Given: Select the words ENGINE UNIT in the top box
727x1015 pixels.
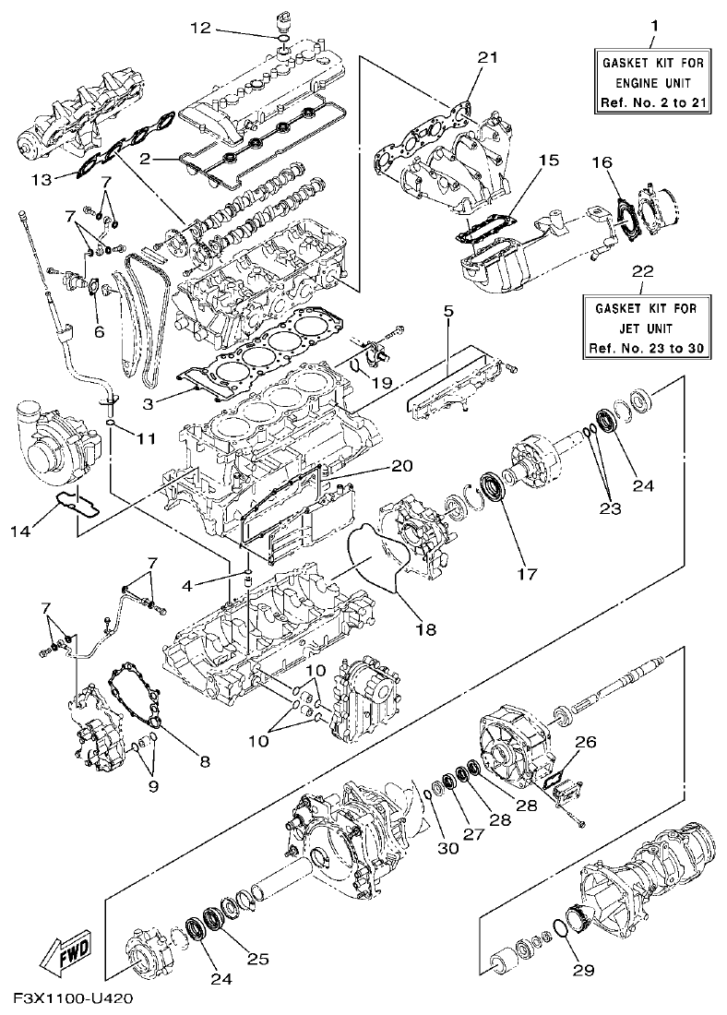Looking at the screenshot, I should click(652, 82).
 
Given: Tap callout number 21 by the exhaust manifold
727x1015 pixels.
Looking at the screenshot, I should click(488, 58).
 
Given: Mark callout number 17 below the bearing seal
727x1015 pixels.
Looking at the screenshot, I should click(527, 573).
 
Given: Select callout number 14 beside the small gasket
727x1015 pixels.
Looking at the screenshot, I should click(42, 531).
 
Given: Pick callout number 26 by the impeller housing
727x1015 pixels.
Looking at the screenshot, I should click(586, 741).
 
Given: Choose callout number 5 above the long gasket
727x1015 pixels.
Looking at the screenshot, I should click(447, 312).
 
